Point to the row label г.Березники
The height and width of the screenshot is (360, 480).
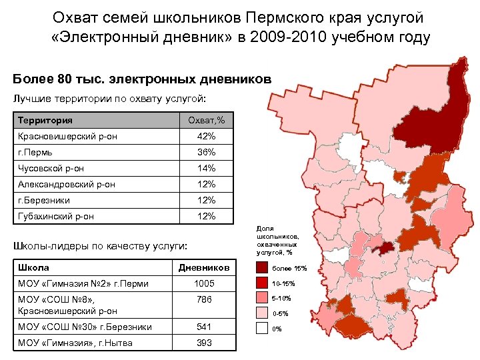point(44,201)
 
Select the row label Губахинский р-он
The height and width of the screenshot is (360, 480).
point(56,217)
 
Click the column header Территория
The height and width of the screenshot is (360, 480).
point(46,121)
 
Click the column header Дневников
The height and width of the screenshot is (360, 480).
point(204,268)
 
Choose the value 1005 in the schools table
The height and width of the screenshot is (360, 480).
point(204,284)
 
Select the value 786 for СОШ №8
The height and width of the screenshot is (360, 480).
point(204,300)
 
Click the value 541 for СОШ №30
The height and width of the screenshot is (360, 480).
point(204,327)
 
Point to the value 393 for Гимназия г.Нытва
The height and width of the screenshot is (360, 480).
point(204,343)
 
